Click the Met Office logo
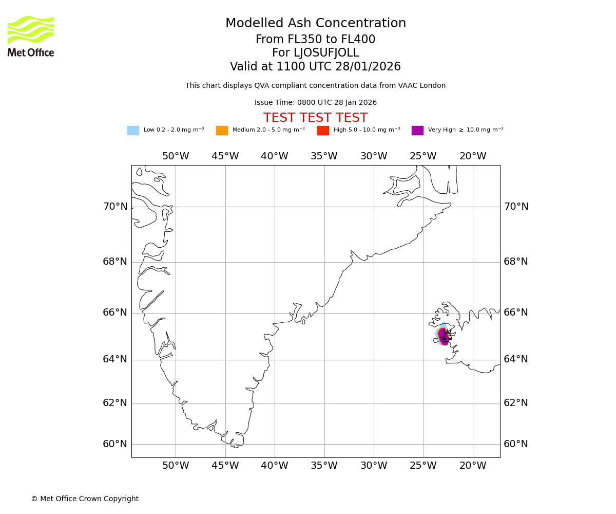coord(31,36)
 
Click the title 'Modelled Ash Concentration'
coord(315,24)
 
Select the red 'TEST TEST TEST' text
coord(315,118)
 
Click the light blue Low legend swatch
coord(133,131)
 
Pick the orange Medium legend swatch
coord(222,131)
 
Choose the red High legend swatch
coord(323,131)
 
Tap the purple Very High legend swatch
coord(417,131)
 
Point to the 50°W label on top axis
coord(176,156)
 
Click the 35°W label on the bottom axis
coord(324,466)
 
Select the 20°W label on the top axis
coord(473,156)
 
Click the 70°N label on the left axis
coord(115,207)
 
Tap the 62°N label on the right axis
coord(515,403)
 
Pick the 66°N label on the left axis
coord(115,313)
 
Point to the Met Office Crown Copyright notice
coord(85,499)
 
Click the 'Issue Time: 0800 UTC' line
coord(315,103)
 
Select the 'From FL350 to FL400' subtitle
coord(315,40)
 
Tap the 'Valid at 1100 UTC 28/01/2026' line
coord(315,67)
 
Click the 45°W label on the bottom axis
coord(225,466)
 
